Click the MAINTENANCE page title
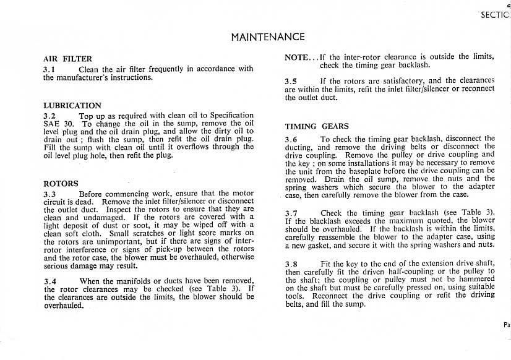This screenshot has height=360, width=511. pyautogui.click(x=267, y=36)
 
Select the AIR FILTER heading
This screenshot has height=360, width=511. pyautogui.click(x=67, y=59)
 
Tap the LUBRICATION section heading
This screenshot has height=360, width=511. pyautogui.click(x=72, y=106)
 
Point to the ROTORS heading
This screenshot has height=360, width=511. pyautogui.click(x=61, y=184)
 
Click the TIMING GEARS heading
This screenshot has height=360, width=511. pyautogui.click(x=317, y=126)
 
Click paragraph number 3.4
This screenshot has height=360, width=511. pyautogui.click(x=51, y=281)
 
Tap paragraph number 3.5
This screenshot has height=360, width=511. pyautogui.click(x=291, y=81)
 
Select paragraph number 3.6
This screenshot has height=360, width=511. pyautogui.click(x=291, y=139)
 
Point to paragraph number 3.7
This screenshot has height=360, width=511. pyautogui.click(x=291, y=213)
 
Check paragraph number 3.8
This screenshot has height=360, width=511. pyautogui.click(x=291, y=264)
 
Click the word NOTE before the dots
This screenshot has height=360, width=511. pyautogui.click(x=296, y=57)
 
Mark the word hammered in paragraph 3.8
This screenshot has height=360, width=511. pyautogui.click(x=475, y=279)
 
